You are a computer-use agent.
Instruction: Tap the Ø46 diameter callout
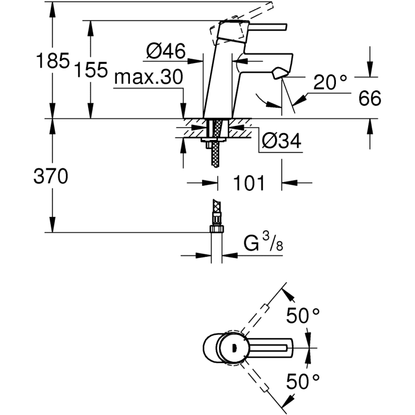click(165, 52)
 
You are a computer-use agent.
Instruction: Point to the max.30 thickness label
click(148, 77)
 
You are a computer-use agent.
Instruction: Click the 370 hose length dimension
click(51, 177)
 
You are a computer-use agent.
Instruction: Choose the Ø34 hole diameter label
click(282, 141)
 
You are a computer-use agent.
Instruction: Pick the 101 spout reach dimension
click(249, 183)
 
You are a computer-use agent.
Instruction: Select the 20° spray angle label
click(330, 83)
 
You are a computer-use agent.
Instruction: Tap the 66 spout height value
click(369, 99)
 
